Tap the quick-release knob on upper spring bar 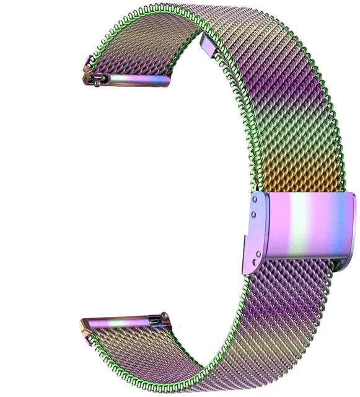(98, 79)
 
